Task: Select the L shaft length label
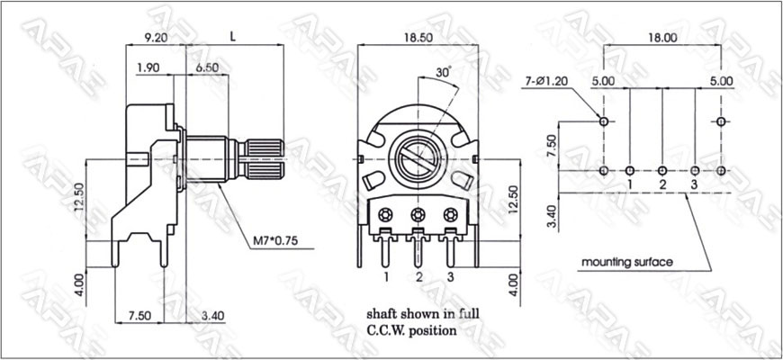pyautogui.click(x=234, y=38)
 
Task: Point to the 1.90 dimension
pyautogui.click(x=148, y=68)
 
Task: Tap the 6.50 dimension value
pyautogui.click(x=206, y=68)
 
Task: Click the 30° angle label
pyautogui.click(x=442, y=70)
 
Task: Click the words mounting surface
pyautogui.click(x=627, y=262)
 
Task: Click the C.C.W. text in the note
pyautogui.click(x=388, y=330)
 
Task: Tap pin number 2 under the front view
pyautogui.click(x=419, y=275)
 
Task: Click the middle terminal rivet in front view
pyautogui.click(x=418, y=214)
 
